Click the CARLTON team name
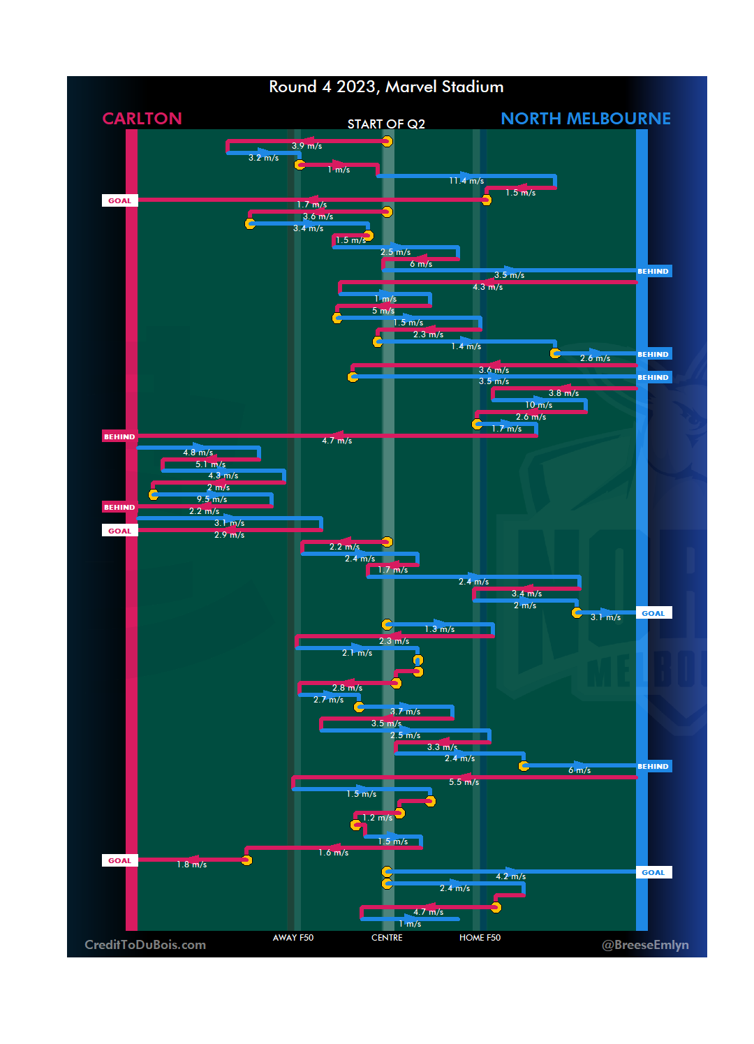click(x=142, y=119)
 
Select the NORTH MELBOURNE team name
click(x=585, y=119)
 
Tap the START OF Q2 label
click(x=386, y=124)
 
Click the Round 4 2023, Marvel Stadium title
click(x=386, y=87)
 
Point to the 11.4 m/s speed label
click(x=466, y=181)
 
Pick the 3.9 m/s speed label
click(x=306, y=146)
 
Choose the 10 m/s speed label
click(x=538, y=405)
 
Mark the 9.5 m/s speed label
click(x=212, y=499)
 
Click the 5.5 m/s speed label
click(x=464, y=782)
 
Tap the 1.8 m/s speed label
click(x=191, y=865)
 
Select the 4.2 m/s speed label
click(x=510, y=876)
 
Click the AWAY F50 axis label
click(x=293, y=938)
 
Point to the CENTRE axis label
click(x=387, y=938)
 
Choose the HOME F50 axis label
click(x=480, y=938)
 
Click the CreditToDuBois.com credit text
click(x=145, y=945)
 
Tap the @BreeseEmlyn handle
click(x=645, y=945)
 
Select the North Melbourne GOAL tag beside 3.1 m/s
click(x=653, y=613)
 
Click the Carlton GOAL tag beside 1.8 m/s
click(x=119, y=860)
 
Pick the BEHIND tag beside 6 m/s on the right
click(x=653, y=766)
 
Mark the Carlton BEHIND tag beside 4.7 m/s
click(x=119, y=436)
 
